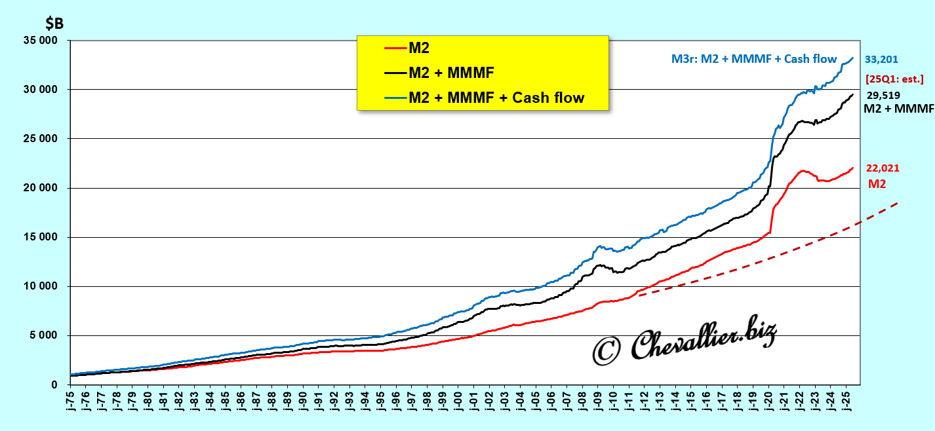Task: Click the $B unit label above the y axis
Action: (54, 23)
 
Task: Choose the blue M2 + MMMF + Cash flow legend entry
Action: (496, 98)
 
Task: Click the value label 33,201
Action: (882, 59)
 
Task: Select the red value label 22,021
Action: (882, 168)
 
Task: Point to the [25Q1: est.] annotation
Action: (894, 79)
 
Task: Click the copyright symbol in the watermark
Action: (607, 351)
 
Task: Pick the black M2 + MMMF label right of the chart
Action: (898, 109)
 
